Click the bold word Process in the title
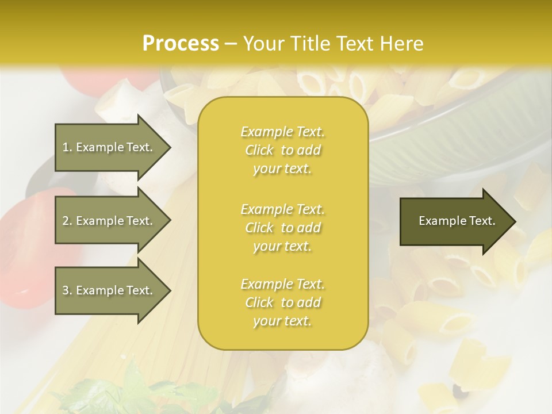click(x=181, y=44)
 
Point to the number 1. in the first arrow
click(x=67, y=147)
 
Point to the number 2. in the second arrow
click(x=67, y=221)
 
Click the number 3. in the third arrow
click(x=67, y=290)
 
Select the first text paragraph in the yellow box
click(x=282, y=150)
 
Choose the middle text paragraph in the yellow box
click(x=282, y=228)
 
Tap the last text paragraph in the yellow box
click(x=282, y=302)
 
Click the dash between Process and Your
click(x=231, y=44)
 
